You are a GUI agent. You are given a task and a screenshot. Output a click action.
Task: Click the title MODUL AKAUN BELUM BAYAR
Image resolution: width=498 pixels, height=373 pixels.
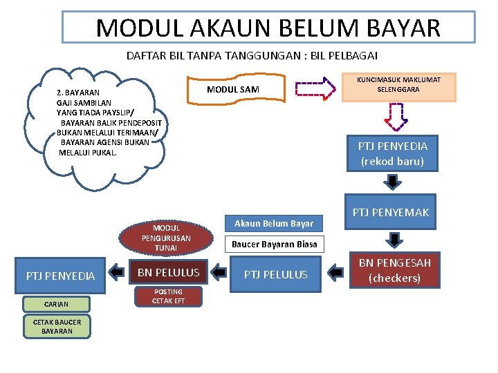(x=268, y=28)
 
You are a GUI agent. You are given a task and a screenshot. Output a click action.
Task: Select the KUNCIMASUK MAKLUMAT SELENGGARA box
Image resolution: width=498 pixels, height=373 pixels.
(x=398, y=85)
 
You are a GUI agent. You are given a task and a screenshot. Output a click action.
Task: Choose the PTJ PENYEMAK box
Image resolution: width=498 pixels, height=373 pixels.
(x=391, y=212)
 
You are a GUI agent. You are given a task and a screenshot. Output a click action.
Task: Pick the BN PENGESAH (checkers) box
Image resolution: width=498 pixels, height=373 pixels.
(x=394, y=270)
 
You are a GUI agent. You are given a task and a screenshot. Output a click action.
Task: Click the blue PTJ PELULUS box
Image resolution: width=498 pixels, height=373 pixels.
(x=275, y=274)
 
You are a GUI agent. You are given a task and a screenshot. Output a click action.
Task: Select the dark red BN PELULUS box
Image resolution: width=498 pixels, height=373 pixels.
(x=168, y=273)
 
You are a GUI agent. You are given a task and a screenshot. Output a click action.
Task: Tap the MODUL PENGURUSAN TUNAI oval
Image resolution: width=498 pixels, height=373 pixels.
(x=166, y=238)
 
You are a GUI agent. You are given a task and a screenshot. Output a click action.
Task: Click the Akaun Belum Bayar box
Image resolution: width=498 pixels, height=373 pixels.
(x=273, y=223)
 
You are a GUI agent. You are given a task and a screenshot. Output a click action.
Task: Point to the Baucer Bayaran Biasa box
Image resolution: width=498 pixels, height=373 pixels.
(x=274, y=244)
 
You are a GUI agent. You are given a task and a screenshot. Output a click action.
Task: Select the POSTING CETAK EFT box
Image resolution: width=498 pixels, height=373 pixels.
(x=168, y=296)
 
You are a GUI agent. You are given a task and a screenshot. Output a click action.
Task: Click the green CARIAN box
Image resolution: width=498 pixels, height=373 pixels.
(x=56, y=303)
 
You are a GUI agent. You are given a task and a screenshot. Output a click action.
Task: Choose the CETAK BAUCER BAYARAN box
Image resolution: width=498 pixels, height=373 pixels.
(x=57, y=327)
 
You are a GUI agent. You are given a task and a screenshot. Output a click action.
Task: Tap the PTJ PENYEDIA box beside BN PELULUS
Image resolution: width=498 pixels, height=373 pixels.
(x=60, y=276)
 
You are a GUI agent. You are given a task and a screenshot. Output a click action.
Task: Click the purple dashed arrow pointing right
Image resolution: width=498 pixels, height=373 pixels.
(x=315, y=88)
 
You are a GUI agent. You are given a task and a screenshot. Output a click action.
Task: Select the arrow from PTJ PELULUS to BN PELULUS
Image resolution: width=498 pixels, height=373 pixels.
(x=219, y=273)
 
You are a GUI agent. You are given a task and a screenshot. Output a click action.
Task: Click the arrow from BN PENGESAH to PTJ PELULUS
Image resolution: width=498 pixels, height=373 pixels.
(x=335, y=273)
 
